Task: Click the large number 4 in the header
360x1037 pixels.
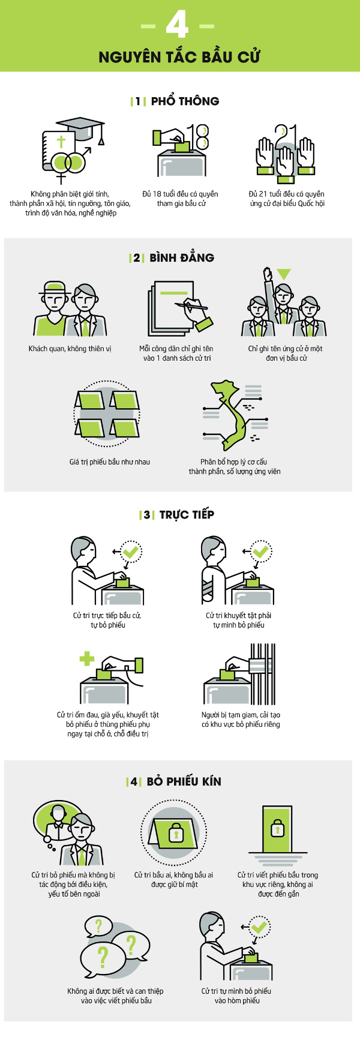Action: (178, 25)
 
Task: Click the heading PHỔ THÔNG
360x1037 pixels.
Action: (184, 101)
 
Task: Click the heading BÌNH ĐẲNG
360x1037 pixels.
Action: (181, 257)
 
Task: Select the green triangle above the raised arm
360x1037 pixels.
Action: (283, 274)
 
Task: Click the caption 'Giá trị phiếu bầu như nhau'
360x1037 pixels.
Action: (109, 461)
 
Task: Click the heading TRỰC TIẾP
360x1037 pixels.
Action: (186, 514)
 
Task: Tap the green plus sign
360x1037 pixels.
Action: (87, 658)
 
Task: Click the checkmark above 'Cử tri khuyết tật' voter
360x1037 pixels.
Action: (260, 551)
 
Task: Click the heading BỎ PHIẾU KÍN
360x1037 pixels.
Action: (184, 781)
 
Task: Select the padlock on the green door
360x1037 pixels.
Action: (277, 829)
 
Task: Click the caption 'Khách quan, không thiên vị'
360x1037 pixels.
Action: (70, 349)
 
